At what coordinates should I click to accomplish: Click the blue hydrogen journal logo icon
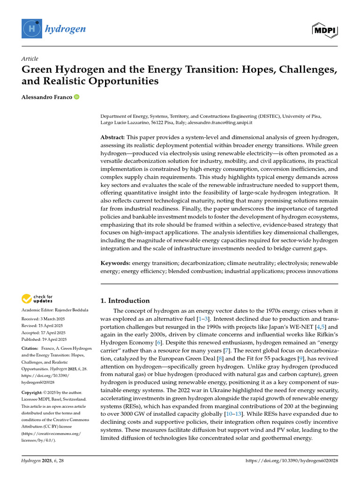click(x=32, y=29)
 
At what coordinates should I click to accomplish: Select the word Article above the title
click(x=30, y=58)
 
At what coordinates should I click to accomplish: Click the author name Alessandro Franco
click(x=46, y=97)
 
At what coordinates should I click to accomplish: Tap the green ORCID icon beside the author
click(x=76, y=97)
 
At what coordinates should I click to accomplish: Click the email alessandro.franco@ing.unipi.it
click(x=220, y=122)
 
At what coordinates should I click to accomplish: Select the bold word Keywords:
click(x=116, y=263)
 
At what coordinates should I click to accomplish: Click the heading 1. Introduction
click(x=125, y=300)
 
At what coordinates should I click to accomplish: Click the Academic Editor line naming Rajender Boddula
click(x=54, y=310)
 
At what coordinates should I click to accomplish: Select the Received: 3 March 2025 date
click(x=44, y=319)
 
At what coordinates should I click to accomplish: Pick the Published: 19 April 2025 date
click(x=44, y=339)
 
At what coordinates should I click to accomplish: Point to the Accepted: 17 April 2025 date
click(x=44, y=333)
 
